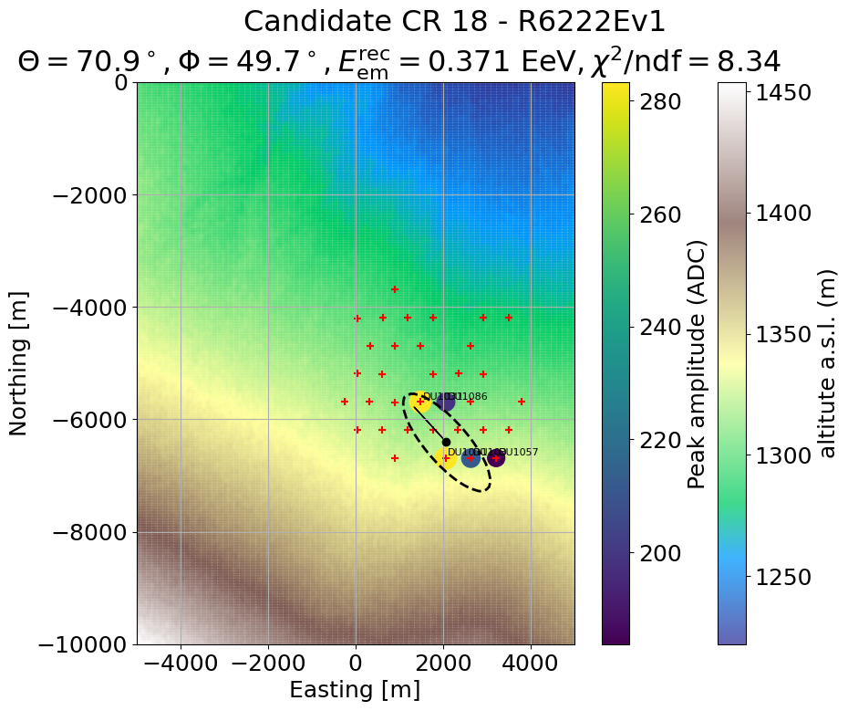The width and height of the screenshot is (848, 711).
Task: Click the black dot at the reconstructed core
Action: point(446,442)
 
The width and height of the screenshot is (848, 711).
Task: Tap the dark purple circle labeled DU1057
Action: point(495,458)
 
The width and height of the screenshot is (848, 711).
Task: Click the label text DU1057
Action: point(520,452)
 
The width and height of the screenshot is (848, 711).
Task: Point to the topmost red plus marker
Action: point(395,289)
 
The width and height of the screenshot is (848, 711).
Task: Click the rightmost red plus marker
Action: point(522,402)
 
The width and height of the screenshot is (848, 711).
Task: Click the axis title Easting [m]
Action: point(356,691)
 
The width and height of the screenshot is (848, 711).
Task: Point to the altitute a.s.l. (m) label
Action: point(828,363)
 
